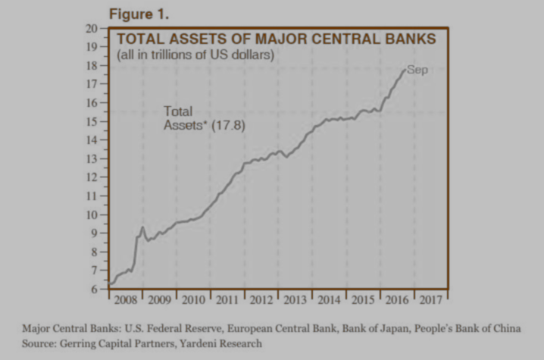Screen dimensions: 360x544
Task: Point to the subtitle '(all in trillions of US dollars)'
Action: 195,55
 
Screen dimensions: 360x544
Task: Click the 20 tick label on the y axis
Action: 91,29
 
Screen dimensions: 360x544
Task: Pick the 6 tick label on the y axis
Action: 94,289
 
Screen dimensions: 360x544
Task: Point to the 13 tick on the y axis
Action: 91,159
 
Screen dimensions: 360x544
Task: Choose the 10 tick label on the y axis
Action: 91,214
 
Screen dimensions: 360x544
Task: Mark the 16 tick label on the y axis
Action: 91,103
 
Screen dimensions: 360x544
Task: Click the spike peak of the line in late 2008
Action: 142,227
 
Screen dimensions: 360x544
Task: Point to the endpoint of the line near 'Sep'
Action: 404,69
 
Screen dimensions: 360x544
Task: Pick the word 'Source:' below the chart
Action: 41,343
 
